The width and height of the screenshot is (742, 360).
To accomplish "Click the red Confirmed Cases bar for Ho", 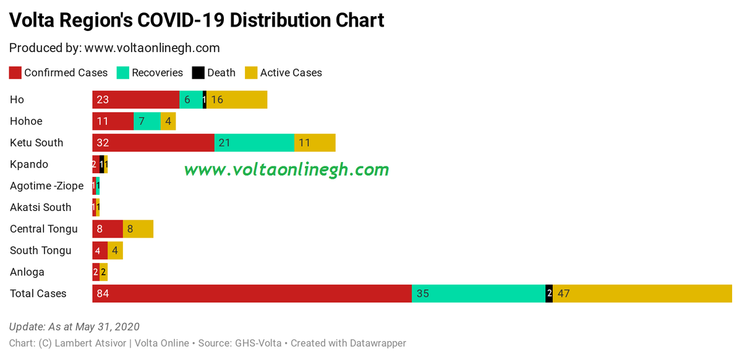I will (135, 100).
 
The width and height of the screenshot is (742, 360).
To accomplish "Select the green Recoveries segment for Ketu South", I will (254, 143).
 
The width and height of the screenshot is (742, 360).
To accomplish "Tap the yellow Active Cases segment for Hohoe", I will (168, 121).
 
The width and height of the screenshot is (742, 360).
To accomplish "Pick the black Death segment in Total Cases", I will (549, 294).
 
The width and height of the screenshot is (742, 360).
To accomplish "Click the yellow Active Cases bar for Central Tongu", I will (138, 229).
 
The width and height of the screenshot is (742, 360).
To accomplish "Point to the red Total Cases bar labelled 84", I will (252, 294).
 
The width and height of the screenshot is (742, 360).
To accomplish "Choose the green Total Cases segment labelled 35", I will (479, 294).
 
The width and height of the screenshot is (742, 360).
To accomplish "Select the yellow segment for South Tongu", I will (115, 251).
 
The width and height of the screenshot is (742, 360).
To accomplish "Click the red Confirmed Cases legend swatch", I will (15, 73).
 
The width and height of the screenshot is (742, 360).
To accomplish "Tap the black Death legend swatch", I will (198, 73).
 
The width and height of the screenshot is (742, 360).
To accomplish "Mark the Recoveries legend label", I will (157, 73).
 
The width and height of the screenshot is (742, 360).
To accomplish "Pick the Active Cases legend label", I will (291, 73).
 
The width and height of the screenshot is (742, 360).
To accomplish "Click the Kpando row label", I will (29, 165).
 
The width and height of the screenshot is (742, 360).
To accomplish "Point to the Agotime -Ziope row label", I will (46, 186).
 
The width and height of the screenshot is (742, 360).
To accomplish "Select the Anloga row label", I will (27, 272).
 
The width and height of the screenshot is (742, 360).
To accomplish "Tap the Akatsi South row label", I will (41, 207).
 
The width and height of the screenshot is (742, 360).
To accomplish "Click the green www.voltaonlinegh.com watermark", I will (286, 169).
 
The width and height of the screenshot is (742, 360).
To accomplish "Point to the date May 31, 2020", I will (108, 327).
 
